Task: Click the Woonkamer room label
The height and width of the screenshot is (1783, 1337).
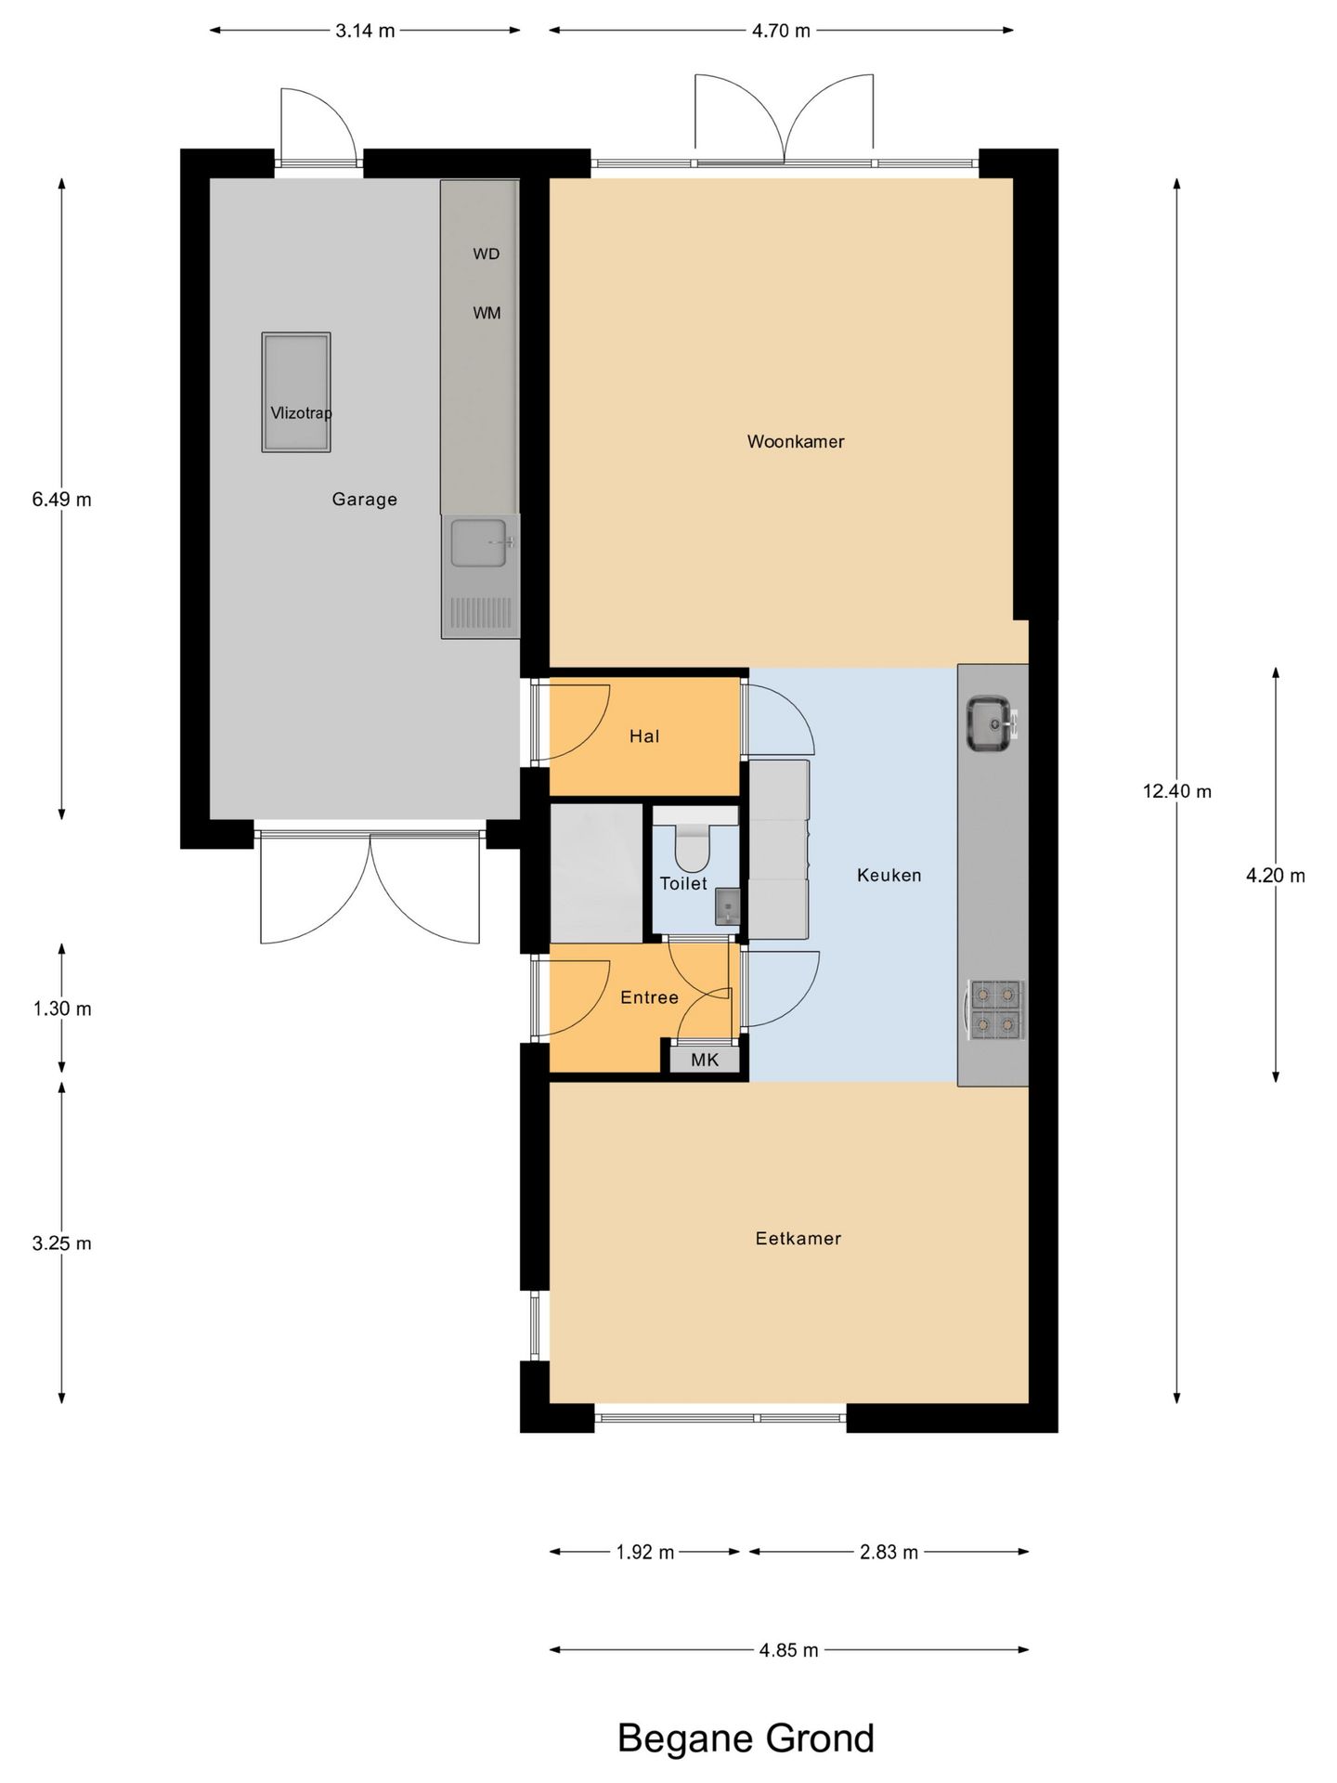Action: point(796,442)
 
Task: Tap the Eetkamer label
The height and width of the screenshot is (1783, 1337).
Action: point(798,1238)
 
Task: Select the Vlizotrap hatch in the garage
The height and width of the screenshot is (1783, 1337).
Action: point(296,393)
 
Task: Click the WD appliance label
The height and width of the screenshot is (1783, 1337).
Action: point(486,254)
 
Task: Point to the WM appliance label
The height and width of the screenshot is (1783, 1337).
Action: point(487,313)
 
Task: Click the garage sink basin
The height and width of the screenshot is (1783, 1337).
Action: point(479,542)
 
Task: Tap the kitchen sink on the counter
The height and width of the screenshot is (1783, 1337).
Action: point(990,723)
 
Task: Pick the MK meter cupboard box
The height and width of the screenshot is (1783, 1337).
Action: point(705,1059)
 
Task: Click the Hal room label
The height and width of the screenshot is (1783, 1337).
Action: point(644,736)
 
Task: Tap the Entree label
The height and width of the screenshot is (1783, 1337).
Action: point(649,997)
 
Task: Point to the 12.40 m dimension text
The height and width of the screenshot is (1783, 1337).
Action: point(1177,791)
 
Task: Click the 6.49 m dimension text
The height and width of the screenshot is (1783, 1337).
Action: point(62,500)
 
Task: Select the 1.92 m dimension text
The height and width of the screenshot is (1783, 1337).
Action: point(645,1552)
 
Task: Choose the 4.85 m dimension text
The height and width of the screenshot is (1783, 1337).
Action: point(788,1650)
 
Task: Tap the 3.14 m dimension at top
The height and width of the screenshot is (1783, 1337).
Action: point(365,31)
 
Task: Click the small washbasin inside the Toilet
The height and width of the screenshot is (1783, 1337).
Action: point(727,905)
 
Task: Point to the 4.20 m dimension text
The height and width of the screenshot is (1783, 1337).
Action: point(1276,875)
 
